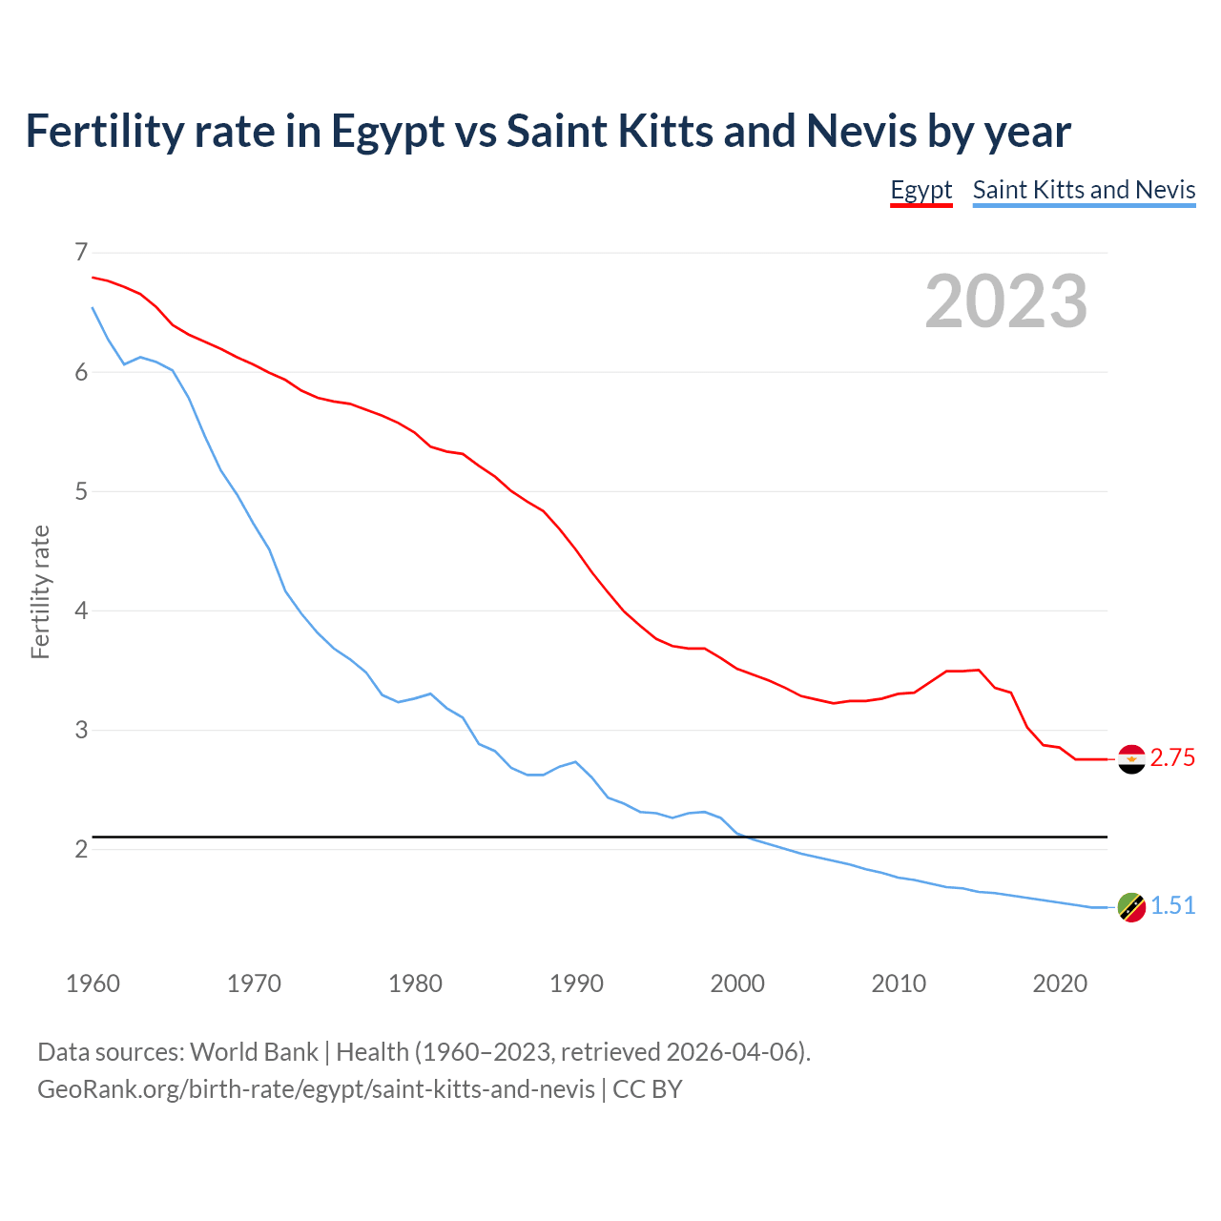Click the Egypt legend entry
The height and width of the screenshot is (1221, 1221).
921,190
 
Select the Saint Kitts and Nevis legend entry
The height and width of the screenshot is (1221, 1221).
1084,190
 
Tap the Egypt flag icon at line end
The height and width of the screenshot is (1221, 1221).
1131,759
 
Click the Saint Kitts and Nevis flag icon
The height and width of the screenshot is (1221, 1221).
1131,907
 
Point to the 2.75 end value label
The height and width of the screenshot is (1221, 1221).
1172,758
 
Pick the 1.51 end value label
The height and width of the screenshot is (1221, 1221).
1172,906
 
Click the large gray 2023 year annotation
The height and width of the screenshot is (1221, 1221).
1006,301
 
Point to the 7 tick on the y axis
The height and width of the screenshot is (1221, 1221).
81,253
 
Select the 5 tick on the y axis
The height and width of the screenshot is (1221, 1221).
81,491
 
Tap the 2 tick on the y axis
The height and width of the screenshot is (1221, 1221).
81,849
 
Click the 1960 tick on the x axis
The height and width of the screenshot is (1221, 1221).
93,983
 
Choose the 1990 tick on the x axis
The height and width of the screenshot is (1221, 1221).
576,983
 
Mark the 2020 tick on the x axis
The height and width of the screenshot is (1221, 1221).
1060,983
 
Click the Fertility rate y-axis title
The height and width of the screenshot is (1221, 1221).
40,591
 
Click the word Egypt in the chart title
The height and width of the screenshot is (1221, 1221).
387,132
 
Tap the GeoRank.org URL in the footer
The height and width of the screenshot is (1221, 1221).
316,1089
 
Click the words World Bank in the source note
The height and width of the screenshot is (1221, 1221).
254,1052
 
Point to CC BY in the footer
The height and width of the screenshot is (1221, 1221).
648,1089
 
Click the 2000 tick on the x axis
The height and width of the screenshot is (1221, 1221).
737,983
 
